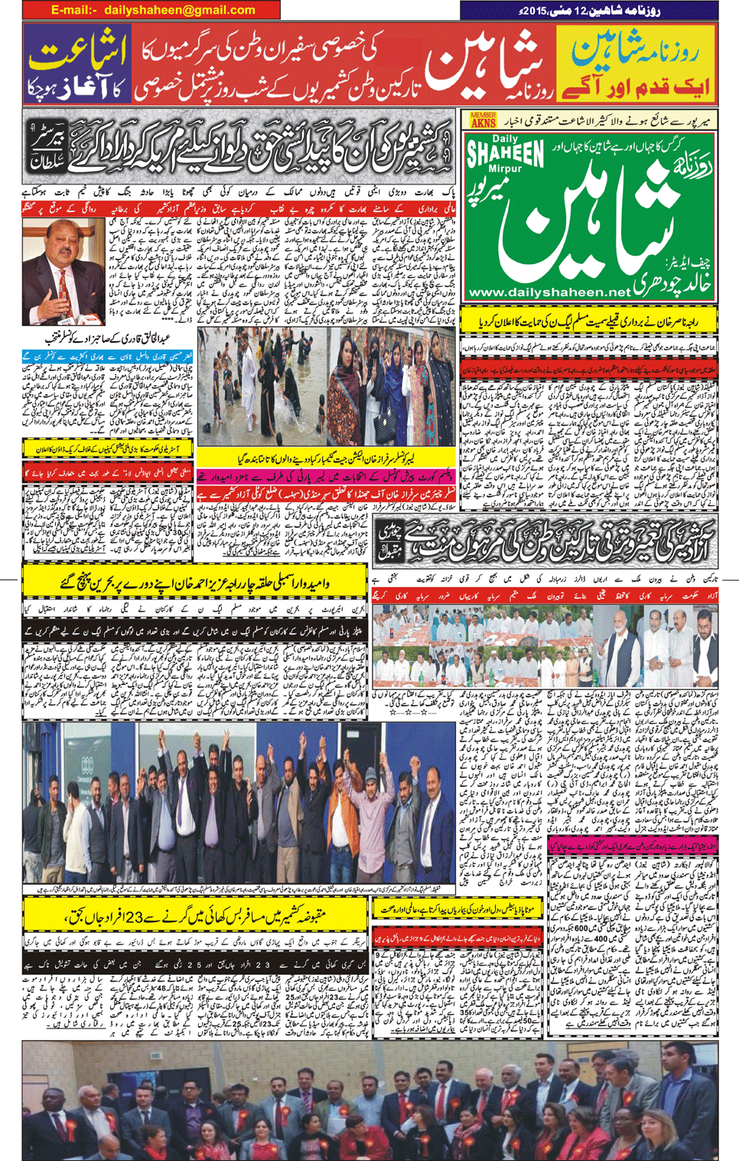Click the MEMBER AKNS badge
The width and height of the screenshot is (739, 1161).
[483, 119]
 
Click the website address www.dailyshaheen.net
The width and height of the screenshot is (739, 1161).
[549, 292]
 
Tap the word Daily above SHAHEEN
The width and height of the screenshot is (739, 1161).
[505, 139]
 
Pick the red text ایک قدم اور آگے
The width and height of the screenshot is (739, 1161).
[634, 86]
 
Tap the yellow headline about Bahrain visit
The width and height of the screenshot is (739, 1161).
[195, 582]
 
